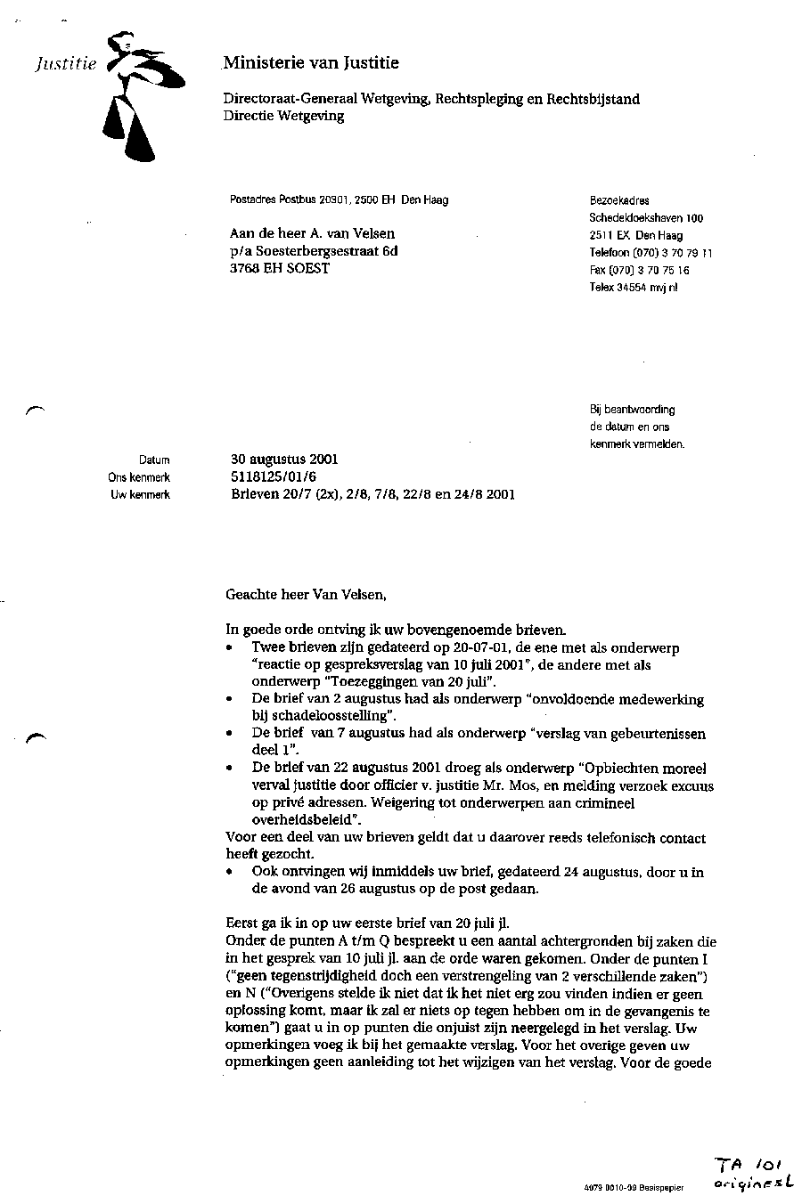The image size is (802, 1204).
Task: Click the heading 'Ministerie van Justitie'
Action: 311,63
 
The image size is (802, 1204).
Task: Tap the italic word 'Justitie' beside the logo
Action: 65,64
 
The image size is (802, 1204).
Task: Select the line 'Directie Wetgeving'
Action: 283,116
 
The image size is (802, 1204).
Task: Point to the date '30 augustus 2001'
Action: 283,460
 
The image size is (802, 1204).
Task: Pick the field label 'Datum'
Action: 154,460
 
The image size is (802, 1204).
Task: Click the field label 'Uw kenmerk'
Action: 140,495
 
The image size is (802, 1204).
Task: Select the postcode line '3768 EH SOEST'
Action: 279,268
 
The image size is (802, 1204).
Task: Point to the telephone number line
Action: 651,253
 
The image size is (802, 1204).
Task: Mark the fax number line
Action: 639,270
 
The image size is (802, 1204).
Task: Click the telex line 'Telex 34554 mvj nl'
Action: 633,288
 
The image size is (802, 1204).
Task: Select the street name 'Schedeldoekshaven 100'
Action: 646,218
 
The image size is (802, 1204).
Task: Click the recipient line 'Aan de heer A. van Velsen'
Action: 312,234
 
